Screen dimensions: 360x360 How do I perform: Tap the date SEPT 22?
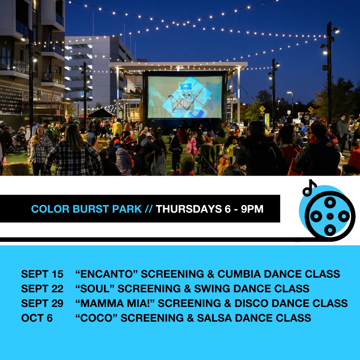point(42,289)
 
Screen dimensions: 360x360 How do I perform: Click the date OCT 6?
point(37,318)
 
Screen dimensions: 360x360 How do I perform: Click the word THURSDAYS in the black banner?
point(189,209)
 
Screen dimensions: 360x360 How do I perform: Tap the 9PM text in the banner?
point(252,209)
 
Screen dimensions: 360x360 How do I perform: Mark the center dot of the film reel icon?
point(330,216)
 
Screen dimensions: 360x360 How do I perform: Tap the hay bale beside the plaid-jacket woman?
point(16,169)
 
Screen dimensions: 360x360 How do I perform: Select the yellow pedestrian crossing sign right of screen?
point(262,108)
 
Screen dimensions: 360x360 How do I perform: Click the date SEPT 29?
point(42,303)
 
